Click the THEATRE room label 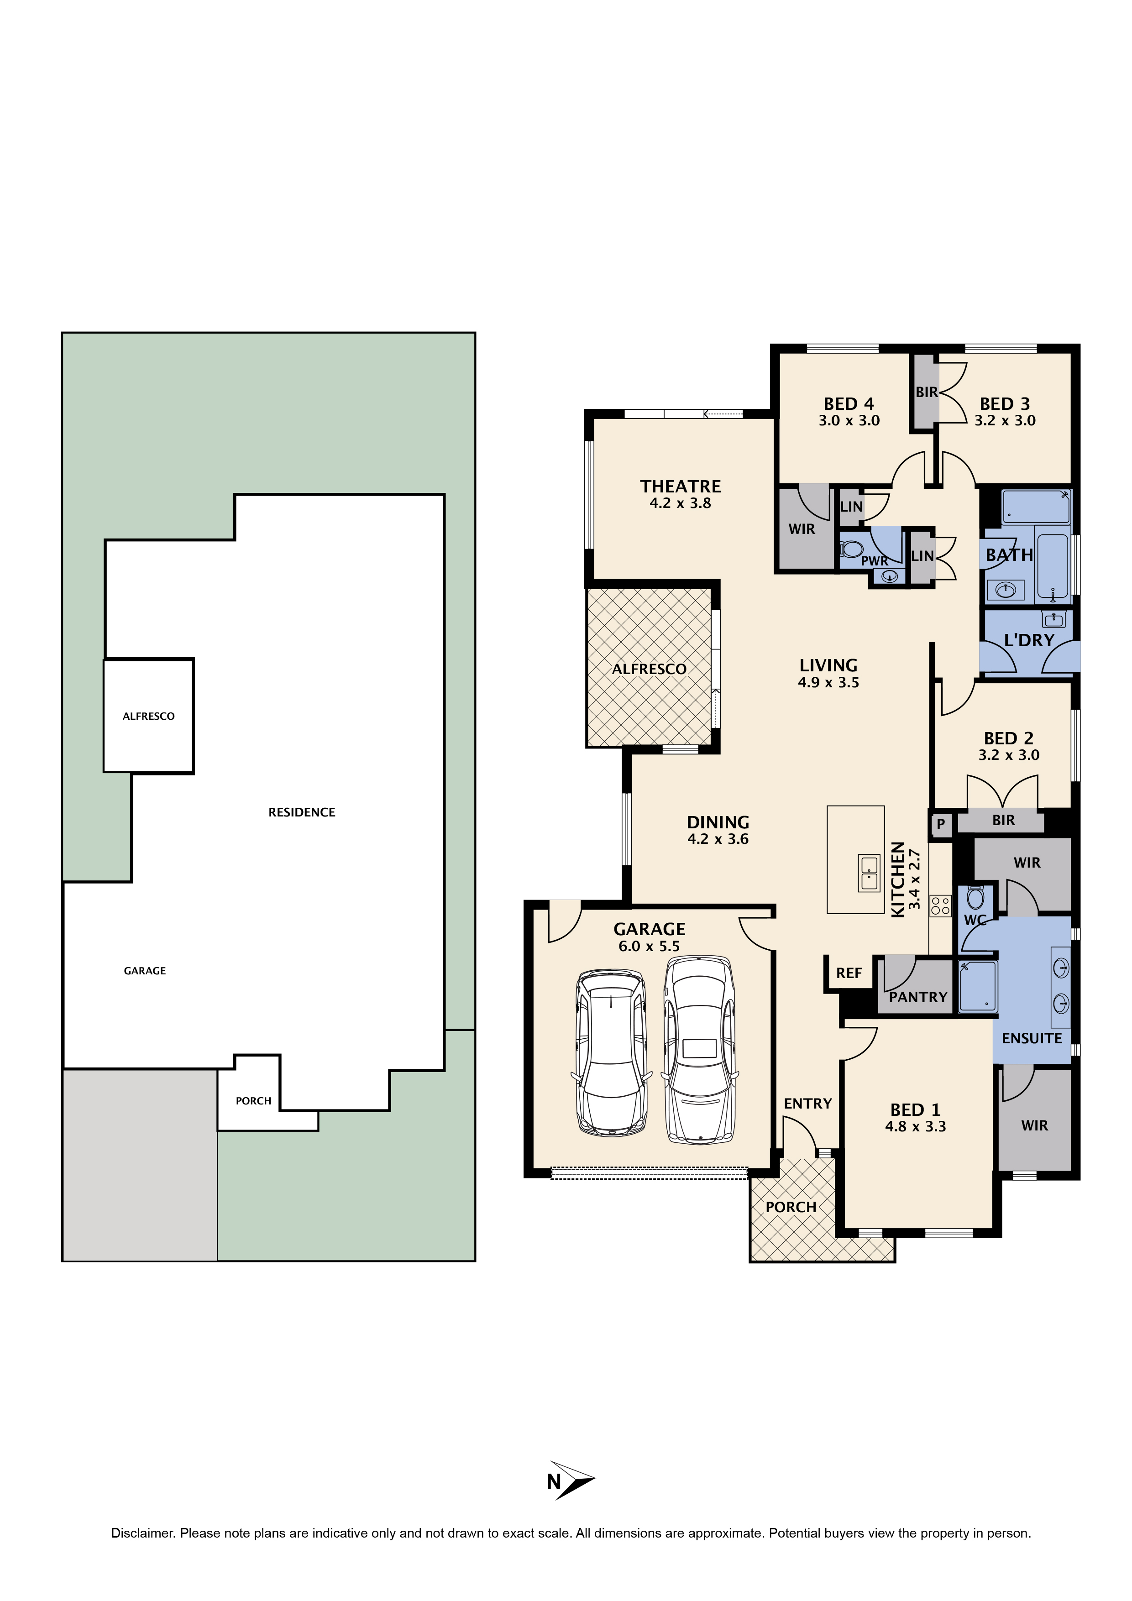pyautogui.click(x=680, y=486)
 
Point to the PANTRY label pyautogui.click(x=918, y=997)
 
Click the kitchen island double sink pyautogui.click(x=869, y=873)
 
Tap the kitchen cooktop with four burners pyautogui.click(x=940, y=905)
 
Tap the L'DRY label pyautogui.click(x=1029, y=640)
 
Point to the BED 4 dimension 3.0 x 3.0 pyautogui.click(x=849, y=420)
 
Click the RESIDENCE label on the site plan pyautogui.click(x=302, y=812)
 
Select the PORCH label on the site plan pyautogui.click(x=253, y=1101)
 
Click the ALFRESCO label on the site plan pyautogui.click(x=148, y=716)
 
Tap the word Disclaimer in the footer pyautogui.click(x=142, y=1533)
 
